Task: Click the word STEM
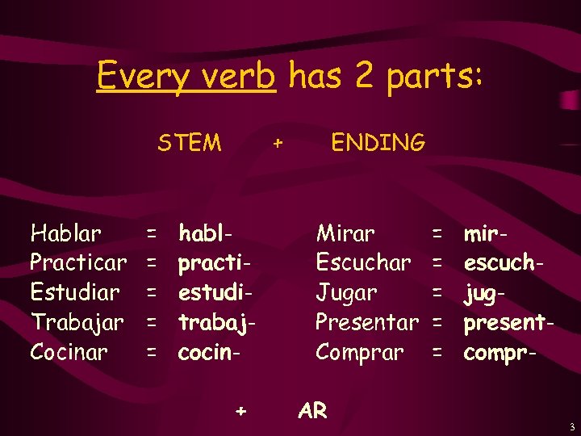coord(189,143)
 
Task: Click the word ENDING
coord(378,143)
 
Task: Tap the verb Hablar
coord(66,234)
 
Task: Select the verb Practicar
coord(78,263)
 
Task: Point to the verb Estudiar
coord(74,292)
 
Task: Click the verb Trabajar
coord(77,322)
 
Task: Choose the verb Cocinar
coord(69,352)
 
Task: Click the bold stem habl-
coord(207,234)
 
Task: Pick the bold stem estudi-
coord(214,292)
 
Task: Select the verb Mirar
coord(345,234)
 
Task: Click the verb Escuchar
coord(363,263)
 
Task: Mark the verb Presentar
coord(366,322)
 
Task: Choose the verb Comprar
coord(359,353)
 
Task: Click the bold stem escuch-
coord(501,263)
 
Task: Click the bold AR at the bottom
coord(312,410)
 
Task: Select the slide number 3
coord(571,426)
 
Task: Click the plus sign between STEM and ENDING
coord(278,144)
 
